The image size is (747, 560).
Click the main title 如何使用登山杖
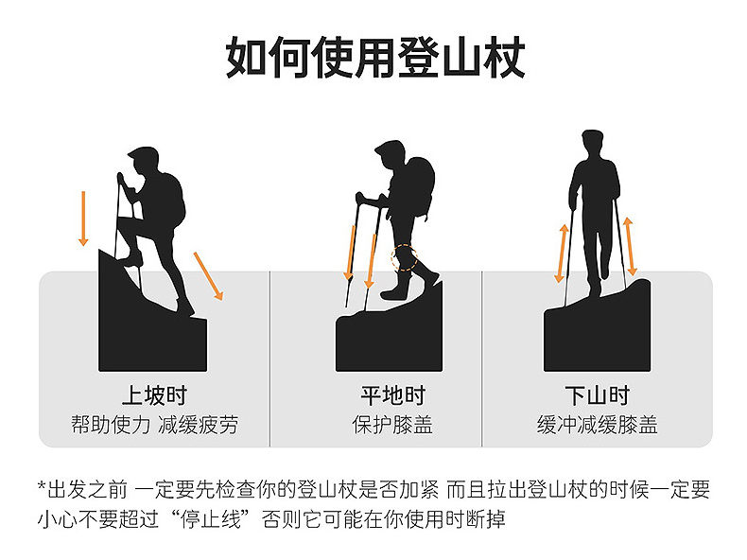point(375,57)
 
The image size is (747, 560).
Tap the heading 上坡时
point(154,395)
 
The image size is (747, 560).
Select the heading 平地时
point(392,395)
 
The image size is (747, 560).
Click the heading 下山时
point(598,395)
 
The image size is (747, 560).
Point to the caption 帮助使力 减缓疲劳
point(154,424)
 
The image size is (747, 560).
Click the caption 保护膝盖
point(392,424)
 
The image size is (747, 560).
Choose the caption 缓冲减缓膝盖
point(598,424)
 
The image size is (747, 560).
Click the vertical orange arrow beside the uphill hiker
point(83,219)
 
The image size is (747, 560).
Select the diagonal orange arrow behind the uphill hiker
point(208,276)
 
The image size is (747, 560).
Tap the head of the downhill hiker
point(593,143)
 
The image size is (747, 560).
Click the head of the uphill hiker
point(145,161)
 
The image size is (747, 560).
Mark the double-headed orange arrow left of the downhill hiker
point(563,254)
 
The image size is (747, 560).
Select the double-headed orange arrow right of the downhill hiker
point(630,246)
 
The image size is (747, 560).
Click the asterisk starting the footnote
point(42,486)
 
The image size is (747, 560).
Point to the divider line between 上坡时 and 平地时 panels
point(270,359)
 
